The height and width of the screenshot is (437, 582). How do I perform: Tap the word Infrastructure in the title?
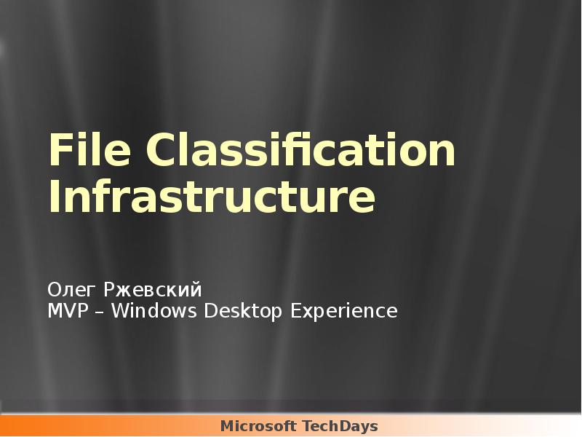click(212, 198)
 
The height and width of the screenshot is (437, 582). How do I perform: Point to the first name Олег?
click(73, 290)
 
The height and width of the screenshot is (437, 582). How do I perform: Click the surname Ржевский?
click(153, 290)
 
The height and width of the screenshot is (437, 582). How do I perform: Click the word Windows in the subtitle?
click(156, 312)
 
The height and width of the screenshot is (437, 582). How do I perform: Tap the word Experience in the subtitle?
click(343, 312)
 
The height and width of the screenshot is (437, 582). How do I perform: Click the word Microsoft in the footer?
click(259, 426)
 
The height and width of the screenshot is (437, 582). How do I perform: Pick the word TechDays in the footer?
click(340, 426)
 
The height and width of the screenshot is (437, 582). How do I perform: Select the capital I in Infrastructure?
click(53, 198)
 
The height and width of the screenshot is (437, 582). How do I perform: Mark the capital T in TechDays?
click(306, 426)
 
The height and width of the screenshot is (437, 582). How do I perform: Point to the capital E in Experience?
click(295, 312)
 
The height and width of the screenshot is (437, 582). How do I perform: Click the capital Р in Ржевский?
click(109, 290)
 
